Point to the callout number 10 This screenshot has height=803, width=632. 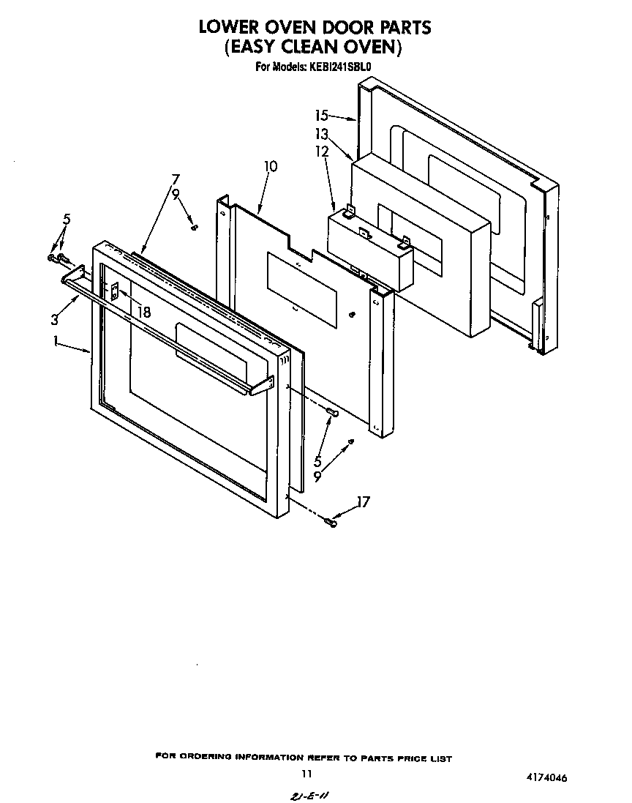(271, 166)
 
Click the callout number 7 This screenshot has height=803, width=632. (175, 179)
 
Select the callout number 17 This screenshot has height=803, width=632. (362, 502)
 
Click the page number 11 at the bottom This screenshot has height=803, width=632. (306, 774)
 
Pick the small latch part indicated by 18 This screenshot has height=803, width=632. (115, 291)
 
